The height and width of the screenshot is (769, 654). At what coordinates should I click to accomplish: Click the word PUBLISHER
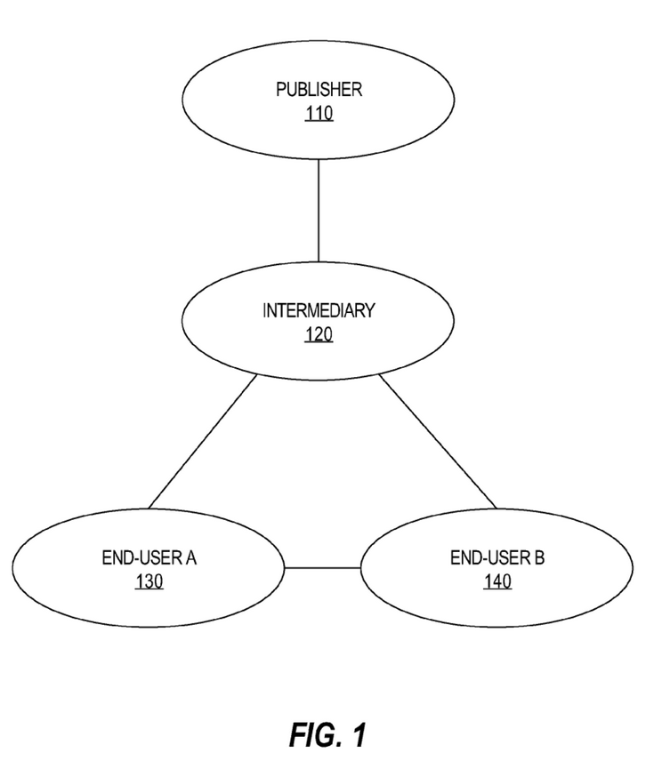tap(319, 89)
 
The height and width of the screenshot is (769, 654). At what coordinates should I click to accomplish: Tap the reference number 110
tap(319, 113)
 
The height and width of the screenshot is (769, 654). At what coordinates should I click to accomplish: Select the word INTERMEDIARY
tap(319, 311)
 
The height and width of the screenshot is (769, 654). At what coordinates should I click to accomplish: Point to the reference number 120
tap(319, 335)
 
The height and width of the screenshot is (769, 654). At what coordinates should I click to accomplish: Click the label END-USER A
tap(149, 558)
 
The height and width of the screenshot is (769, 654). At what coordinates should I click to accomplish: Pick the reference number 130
tap(149, 582)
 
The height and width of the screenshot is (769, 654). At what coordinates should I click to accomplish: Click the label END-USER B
tap(498, 558)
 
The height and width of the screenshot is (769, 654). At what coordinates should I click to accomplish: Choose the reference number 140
tap(498, 582)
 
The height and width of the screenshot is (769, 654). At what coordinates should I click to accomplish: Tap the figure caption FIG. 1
tap(327, 735)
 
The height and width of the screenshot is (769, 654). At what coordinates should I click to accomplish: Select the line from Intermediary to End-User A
tap(203, 440)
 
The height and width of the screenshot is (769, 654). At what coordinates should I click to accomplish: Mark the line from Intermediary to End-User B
tap(438, 440)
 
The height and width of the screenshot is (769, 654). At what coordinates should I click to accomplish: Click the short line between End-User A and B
tap(322, 568)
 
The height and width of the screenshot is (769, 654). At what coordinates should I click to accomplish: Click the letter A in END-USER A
tap(190, 558)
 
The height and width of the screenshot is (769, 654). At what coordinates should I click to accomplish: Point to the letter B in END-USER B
tap(539, 558)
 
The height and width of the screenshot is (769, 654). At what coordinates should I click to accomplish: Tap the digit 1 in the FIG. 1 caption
tap(358, 735)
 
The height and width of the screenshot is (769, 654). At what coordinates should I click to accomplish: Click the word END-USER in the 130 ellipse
tap(141, 558)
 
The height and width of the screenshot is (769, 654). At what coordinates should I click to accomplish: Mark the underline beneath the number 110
tap(319, 121)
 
